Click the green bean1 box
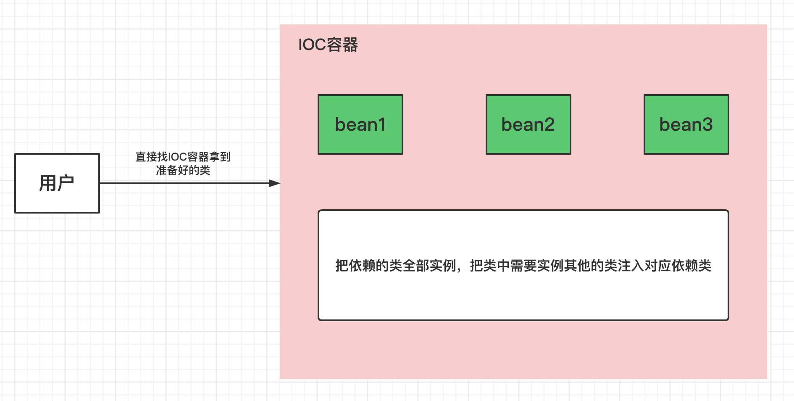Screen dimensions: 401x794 [x=360, y=124]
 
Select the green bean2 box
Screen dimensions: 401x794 [x=528, y=124]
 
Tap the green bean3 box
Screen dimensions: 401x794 [x=686, y=124]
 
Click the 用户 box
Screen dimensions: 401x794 [x=57, y=183]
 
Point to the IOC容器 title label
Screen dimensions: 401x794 [x=328, y=45]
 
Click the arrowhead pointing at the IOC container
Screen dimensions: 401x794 [x=275, y=183]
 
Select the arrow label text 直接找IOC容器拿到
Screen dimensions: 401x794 [x=183, y=157]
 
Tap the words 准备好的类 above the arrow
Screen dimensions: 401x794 [x=183, y=170]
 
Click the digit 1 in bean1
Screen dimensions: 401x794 [x=381, y=124]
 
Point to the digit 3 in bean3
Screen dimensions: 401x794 [x=707, y=124]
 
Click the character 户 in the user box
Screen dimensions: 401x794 [x=66, y=183]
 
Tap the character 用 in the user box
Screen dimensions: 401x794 [x=48, y=183]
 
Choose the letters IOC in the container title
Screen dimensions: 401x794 [x=312, y=45]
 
